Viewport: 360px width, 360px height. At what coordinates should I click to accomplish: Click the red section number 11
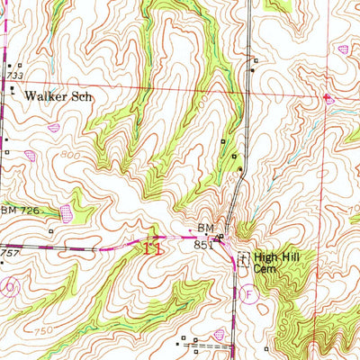click(x=153, y=249)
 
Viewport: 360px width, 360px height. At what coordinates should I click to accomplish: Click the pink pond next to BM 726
click(x=66, y=213)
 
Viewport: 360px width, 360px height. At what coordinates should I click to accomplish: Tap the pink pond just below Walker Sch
click(x=53, y=128)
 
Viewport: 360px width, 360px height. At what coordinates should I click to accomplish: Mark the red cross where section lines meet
click(x=326, y=96)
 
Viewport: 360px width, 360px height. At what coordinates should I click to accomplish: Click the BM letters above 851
click(x=204, y=229)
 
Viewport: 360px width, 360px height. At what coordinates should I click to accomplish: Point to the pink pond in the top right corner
click(x=343, y=49)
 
